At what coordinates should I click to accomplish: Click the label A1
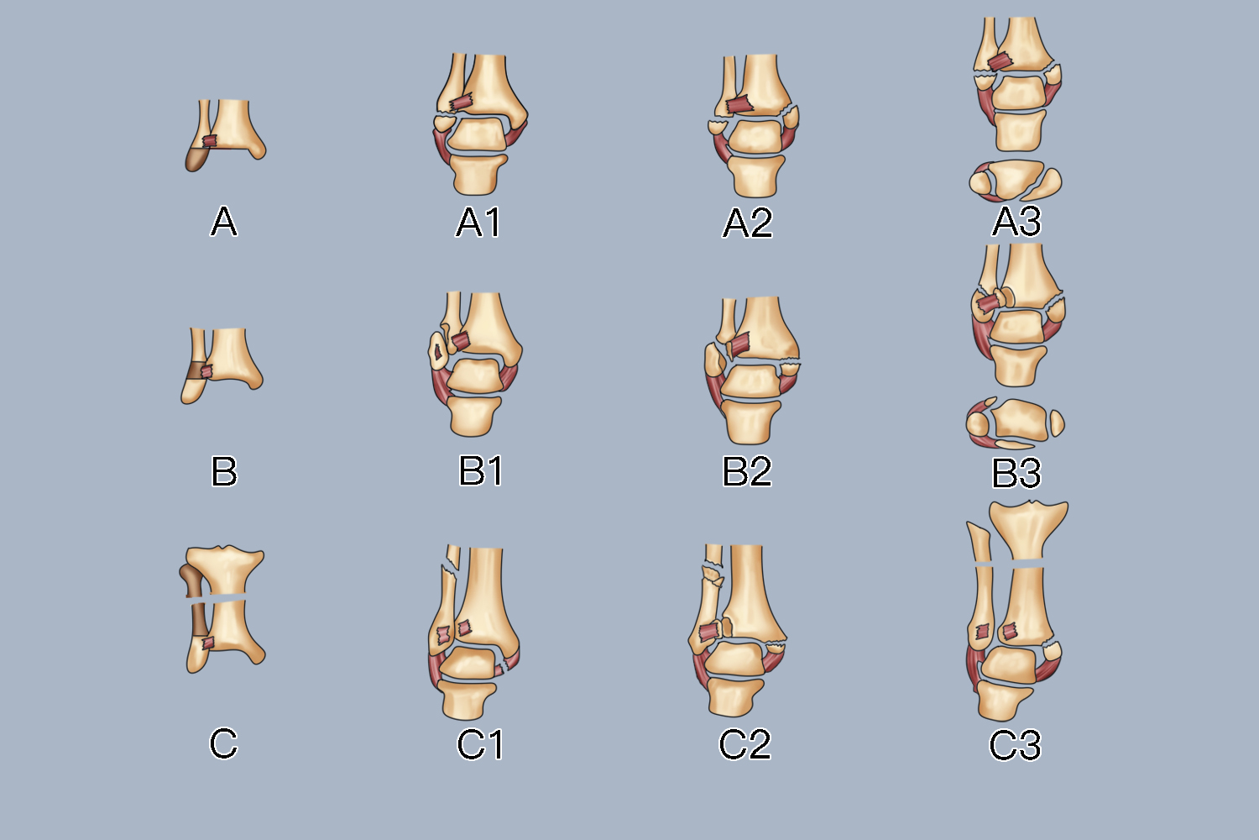478,223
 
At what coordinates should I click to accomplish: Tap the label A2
747,223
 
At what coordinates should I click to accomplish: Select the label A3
1016,222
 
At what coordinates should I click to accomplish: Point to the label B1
481,470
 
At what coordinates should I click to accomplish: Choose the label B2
747,471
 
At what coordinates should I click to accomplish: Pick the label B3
1016,473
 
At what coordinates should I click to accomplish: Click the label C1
480,744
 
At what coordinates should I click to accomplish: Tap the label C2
744,744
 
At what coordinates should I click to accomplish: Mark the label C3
1015,745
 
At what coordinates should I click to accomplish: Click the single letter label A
223,222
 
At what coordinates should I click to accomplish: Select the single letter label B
224,471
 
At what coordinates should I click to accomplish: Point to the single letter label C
223,743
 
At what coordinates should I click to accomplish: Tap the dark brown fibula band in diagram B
198,370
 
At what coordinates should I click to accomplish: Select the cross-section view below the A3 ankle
1015,181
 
